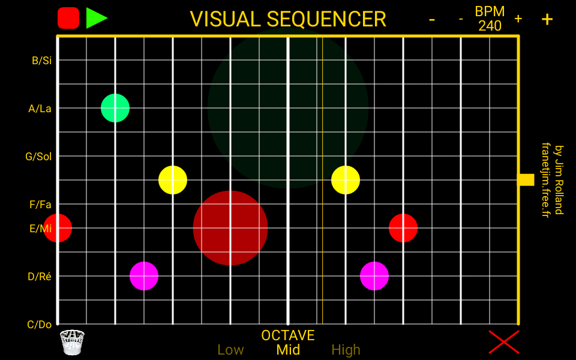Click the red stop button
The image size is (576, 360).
click(68, 18)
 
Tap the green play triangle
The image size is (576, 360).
click(95, 18)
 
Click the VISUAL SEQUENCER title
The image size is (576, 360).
click(288, 19)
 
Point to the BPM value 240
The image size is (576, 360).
click(490, 26)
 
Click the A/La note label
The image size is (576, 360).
click(40, 109)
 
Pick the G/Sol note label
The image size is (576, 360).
click(38, 157)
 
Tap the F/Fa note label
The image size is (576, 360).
click(40, 205)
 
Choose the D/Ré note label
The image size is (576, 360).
click(40, 277)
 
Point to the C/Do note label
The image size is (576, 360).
click(40, 325)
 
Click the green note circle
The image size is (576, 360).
click(115, 108)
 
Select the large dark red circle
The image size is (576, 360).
click(230, 228)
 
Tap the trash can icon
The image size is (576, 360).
click(72, 342)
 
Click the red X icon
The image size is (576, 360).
click(503, 342)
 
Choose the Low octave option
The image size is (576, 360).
click(230, 350)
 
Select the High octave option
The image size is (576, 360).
click(346, 350)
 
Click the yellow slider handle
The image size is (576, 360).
click(526, 179)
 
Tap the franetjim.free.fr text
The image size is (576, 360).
click(545, 180)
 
